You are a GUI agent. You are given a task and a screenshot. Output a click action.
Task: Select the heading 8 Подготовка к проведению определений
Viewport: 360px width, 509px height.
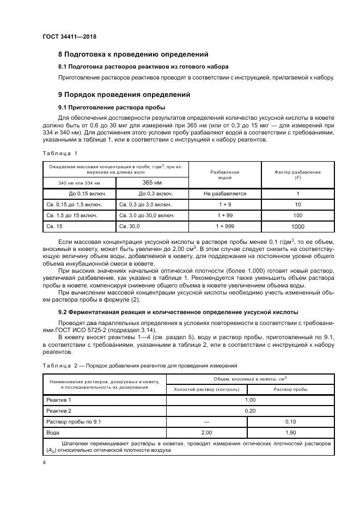click(x=133, y=54)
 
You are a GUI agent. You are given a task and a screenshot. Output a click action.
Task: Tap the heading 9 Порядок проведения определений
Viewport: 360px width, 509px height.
click(x=124, y=94)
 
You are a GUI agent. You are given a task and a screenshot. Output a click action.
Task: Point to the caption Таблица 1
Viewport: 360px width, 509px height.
click(x=60, y=154)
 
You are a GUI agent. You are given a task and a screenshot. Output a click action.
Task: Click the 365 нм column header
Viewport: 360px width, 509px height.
click(x=152, y=183)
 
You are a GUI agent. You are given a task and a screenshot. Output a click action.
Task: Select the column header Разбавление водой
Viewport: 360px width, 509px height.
click(x=225, y=175)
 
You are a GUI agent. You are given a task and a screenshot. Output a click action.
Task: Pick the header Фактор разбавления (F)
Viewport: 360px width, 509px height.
click(x=298, y=175)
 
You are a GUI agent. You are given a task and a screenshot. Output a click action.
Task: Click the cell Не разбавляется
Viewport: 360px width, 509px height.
click(x=225, y=194)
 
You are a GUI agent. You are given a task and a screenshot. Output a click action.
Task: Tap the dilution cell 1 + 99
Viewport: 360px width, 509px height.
click(x=225, y=216)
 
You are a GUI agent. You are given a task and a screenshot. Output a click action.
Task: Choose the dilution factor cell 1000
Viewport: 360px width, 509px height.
click(x=298, y=226)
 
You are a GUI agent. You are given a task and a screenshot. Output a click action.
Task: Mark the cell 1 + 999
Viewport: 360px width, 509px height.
click(x=225, y=226)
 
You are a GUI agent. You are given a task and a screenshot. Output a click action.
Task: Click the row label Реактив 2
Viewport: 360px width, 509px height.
click(x=59, y=410)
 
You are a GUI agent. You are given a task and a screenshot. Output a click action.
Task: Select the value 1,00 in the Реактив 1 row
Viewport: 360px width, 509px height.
click(x=251, y=400)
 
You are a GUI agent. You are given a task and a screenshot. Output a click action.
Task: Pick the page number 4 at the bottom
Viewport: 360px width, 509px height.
click(x=44, y=463)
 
